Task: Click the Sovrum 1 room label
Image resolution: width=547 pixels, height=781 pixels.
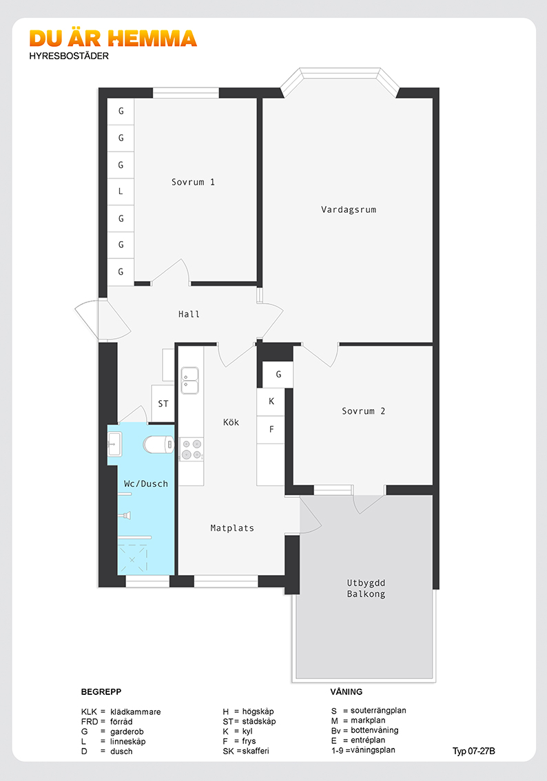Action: point(193,183)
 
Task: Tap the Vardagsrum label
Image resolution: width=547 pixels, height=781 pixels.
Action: point(349,209)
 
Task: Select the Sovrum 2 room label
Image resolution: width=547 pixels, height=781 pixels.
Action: point(363,411)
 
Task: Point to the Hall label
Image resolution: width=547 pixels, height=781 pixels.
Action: point(189,314)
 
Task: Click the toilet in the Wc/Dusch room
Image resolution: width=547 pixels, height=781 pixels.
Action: point(158,444)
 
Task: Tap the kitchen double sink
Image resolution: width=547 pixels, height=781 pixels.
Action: point(190,381)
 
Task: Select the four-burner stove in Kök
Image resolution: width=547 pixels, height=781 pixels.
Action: point(192,449)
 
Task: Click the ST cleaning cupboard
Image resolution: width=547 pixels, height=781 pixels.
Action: point(163,404)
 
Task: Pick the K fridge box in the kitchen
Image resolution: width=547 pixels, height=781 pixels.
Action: point(271,402)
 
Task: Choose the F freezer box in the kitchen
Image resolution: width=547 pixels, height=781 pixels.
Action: point(271,429)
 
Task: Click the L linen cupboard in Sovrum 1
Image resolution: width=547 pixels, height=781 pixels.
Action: point(121,191)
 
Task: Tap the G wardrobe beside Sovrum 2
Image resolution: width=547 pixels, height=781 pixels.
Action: point(278,374)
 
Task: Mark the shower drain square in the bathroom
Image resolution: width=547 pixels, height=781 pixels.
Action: point(132,559)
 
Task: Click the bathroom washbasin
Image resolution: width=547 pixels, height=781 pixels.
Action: point(114,444)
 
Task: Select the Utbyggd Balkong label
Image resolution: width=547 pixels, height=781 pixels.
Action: point(367,588)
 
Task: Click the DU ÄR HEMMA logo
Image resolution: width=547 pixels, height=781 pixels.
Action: point(113,39)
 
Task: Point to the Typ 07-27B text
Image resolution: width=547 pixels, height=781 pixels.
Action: point(474,751)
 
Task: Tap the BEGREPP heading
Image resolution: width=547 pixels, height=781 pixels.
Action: point(101,692)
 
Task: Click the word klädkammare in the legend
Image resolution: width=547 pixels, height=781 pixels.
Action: point(136,711)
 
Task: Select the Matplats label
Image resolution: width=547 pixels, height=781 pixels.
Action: point(232,528)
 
